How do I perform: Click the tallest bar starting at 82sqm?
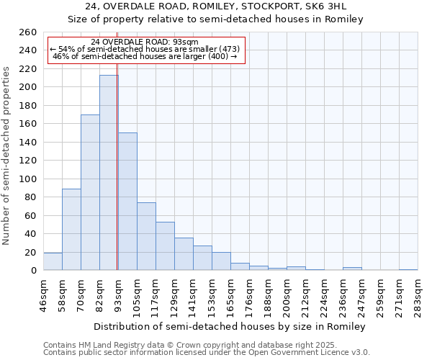[109, 173]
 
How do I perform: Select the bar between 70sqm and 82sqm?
[90, 192]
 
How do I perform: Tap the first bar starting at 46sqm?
[53, 262]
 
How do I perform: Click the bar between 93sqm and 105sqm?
[127, 202]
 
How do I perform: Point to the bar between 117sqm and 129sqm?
[165, 246]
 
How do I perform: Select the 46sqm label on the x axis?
[43, 295]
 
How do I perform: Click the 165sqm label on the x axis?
[230, 295]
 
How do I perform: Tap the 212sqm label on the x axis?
[305, 295]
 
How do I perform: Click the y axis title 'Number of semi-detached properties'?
[7, 155]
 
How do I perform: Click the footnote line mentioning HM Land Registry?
[170, 345]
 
